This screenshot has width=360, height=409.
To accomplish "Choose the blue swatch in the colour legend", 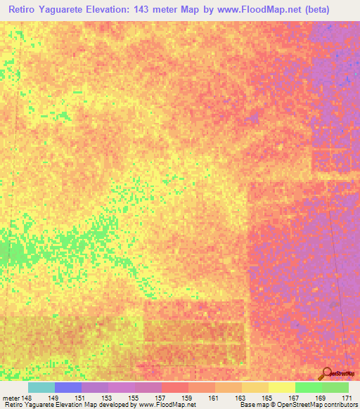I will point(67,387).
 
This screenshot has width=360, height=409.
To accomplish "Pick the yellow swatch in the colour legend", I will point(281,387).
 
